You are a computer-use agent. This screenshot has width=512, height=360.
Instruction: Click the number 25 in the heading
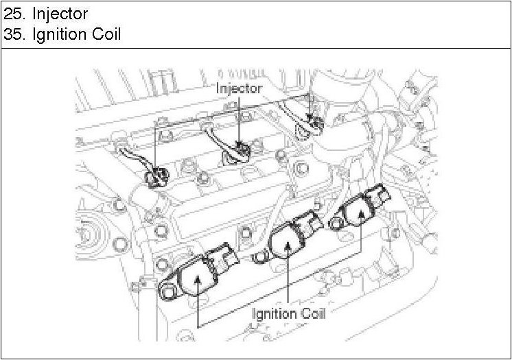coord(12,14)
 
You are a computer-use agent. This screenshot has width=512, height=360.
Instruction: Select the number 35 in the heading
coord(12,34)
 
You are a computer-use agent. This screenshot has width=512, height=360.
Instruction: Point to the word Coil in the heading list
coord(105,34)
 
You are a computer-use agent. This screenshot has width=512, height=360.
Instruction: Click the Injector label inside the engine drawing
coord(239,88)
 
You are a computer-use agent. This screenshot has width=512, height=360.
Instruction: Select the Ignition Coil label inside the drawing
coord(288,314)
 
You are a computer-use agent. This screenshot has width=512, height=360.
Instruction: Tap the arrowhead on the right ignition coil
coord(360,213)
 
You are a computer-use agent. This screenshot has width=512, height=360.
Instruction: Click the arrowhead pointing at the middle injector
coord(240,143)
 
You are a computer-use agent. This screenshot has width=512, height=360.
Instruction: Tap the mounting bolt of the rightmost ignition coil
coord(336,224)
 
